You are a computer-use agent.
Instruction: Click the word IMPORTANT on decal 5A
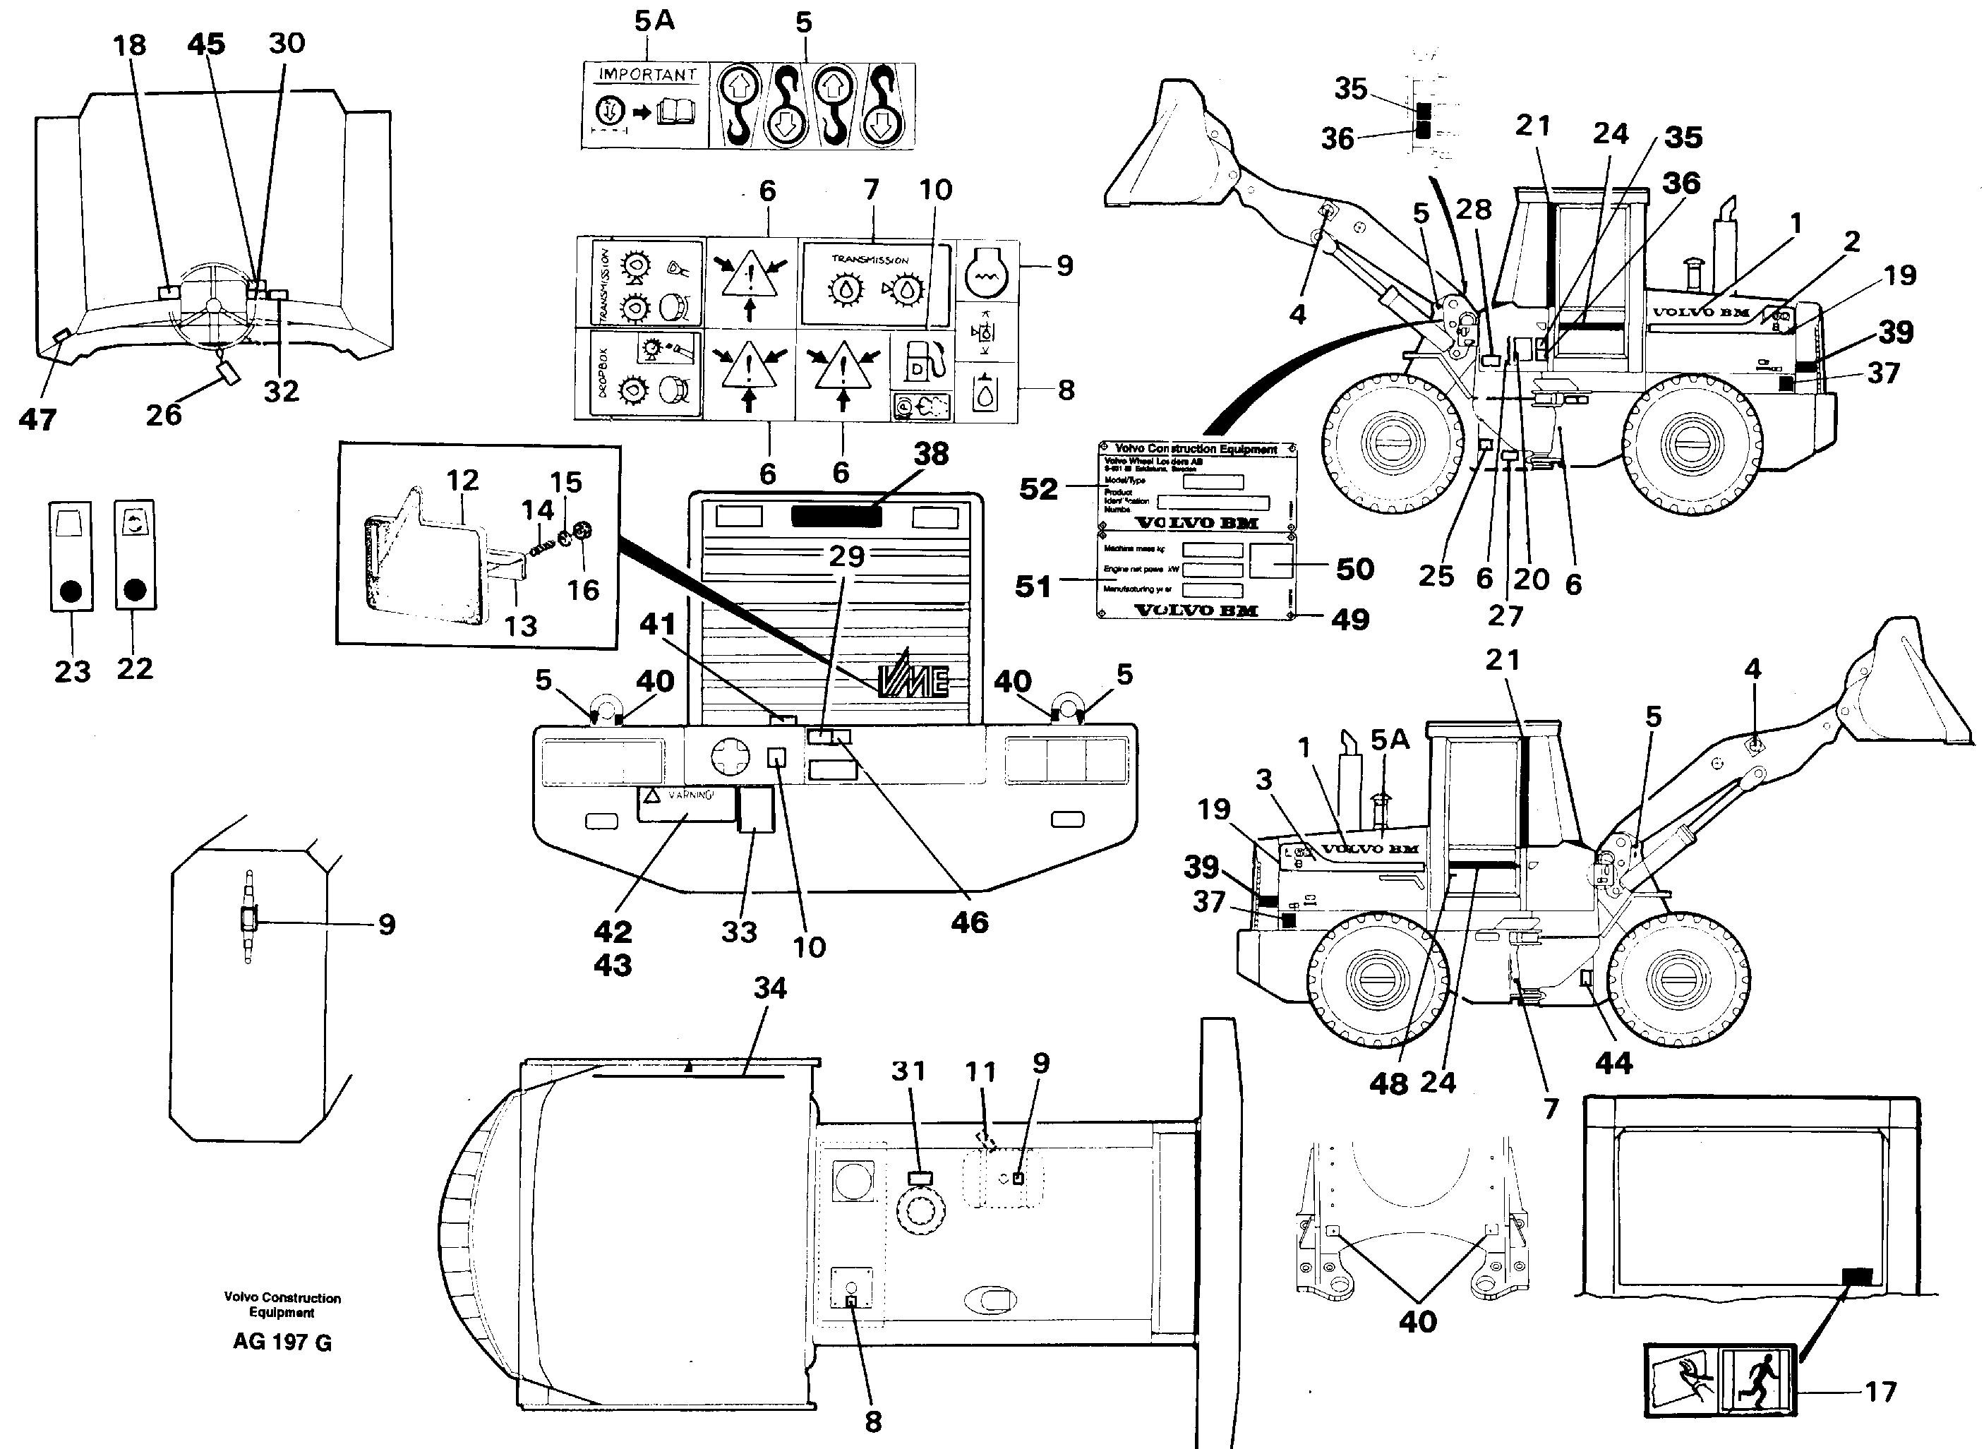[647, 75]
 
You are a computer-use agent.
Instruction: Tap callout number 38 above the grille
[931, 455]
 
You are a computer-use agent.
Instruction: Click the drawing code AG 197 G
[282, 1342]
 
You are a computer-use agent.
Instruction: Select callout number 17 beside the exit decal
[1880, 1392]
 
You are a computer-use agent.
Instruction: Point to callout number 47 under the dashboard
[37, 419]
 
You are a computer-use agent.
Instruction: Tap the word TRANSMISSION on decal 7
[870, 260]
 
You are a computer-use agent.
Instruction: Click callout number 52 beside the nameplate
[1038, 488]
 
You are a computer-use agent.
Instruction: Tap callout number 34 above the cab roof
[770, 989]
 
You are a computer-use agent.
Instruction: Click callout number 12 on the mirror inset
[462, 480]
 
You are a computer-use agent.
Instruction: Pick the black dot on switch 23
[71, 591]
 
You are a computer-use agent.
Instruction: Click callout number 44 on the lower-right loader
[1614, 1063]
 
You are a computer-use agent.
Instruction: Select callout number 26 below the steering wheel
[163, 414]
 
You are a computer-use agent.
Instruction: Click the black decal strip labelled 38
[836, 517]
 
